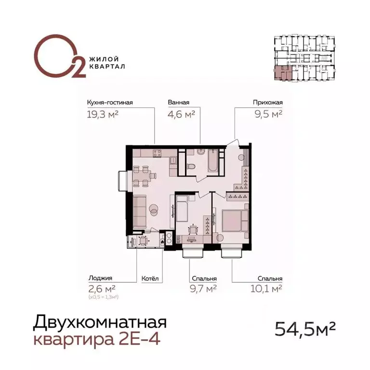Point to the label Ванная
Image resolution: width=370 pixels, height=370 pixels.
click(x=179, y=102)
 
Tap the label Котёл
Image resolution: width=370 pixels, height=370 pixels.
click(x=149, y=278)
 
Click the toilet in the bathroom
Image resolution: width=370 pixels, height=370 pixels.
click(x=191, y=167)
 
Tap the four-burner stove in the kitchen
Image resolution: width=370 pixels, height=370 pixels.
click(x=158, y=154)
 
